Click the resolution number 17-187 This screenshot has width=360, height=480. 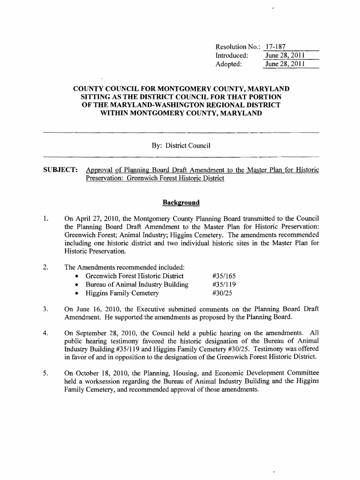click(275, 47)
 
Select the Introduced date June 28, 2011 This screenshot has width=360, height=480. click(285, 55)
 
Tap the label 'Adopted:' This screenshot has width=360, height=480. click(228, 64)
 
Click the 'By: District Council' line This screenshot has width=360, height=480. click(181, 146)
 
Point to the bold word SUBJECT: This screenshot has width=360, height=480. click(60, 170)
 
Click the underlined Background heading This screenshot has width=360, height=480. click(181, 202)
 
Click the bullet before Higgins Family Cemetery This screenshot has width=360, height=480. click(76, 294)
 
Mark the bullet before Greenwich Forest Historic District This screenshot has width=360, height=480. click(76, 276)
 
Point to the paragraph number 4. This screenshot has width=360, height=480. click(45, 333)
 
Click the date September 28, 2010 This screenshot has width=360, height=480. click(105, 333)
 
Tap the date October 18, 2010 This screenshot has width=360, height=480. click(99, 373)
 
